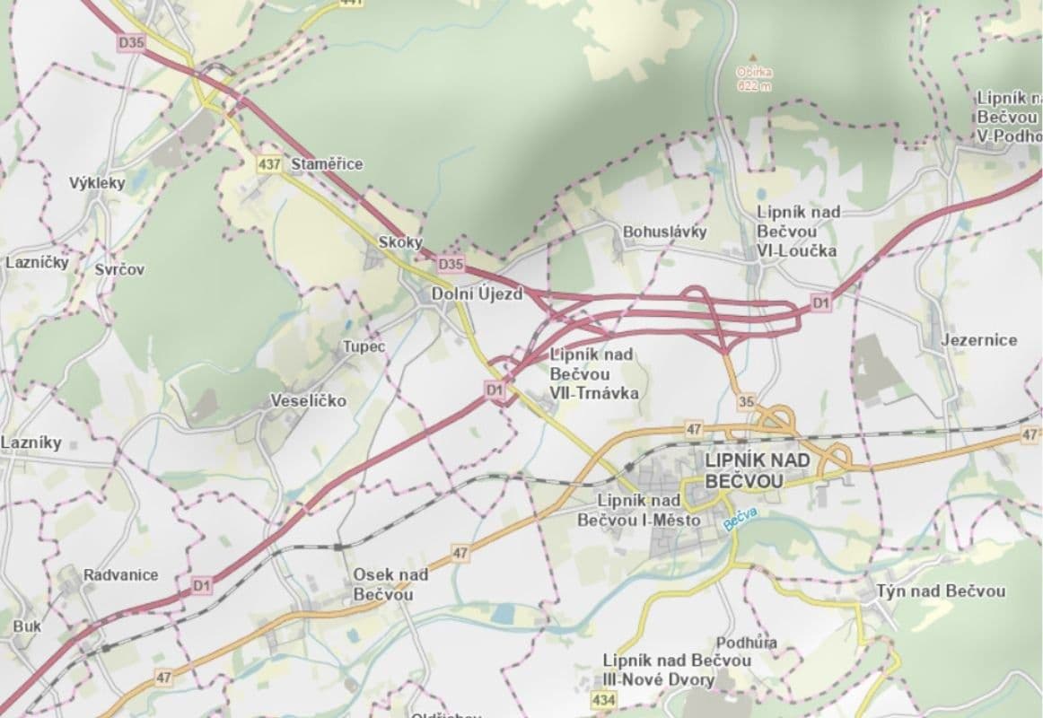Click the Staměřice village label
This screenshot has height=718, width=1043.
[x=327, y=164]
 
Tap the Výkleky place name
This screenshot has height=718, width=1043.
[x=97, y=183]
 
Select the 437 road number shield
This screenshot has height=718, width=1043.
[x=268, y=164]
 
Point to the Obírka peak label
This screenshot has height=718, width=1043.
[x=753, y=78]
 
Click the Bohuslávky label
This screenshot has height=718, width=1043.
[x=664, y=232]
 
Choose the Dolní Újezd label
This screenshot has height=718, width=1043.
[x=477, y=293]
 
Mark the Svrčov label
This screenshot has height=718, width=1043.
[x=119, y=269]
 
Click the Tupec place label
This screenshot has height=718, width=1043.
[x=364, y=346]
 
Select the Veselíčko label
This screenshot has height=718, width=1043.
[x=309, y=401]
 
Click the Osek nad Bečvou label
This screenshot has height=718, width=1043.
[x=390, y=584]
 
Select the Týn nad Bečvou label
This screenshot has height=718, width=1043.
[x=941, y=591]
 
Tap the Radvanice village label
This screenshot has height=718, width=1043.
[x=120, y=574]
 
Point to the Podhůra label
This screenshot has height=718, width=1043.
[x=747, y=643]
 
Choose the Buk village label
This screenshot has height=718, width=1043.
[x=27, y=626]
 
